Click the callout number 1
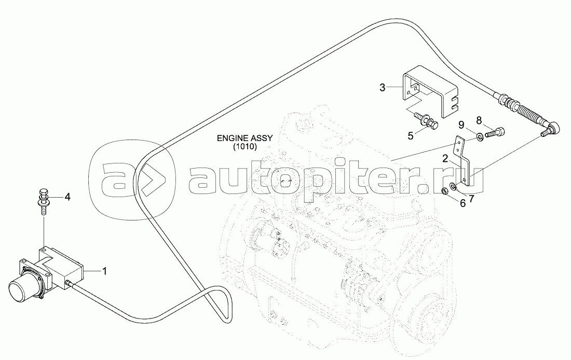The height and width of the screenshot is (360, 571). [104, 270]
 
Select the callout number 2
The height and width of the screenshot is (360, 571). [445, 158]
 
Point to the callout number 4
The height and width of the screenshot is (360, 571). [67, 197]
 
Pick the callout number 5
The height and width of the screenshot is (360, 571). [411, 136]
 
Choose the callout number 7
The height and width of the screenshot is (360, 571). [472, 197]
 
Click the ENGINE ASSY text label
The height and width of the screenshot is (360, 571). [245, 139]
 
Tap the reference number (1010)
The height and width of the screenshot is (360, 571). [245, 147]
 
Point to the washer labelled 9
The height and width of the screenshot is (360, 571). [480, 137]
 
